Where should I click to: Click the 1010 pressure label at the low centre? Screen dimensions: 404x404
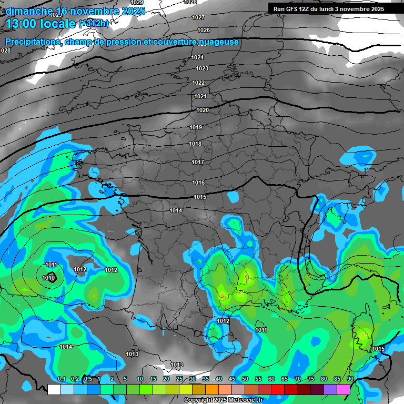point(49,278)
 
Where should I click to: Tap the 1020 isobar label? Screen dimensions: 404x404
point(203,110)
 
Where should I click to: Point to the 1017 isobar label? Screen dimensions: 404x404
point(198,163)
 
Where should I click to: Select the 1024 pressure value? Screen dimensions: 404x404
point(197,57)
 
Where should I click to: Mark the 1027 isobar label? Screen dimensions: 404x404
point(198,18)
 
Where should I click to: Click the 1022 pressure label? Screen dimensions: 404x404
point(198,83)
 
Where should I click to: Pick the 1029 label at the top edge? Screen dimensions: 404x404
point(137,3)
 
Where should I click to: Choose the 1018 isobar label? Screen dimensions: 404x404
point(195,144)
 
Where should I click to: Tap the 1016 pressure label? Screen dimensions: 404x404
point(198,183)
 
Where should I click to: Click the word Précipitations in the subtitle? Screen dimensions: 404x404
point(32,42)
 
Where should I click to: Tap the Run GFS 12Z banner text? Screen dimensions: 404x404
point(329,9)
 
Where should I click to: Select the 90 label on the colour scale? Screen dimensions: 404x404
point(350,379)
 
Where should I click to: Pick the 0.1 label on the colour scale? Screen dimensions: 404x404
point(61,379)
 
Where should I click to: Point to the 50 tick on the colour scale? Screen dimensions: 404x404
point(245,379)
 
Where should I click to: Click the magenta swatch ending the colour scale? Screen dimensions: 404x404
point(344,389)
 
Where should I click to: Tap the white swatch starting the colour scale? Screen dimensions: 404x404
point(54,389)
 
